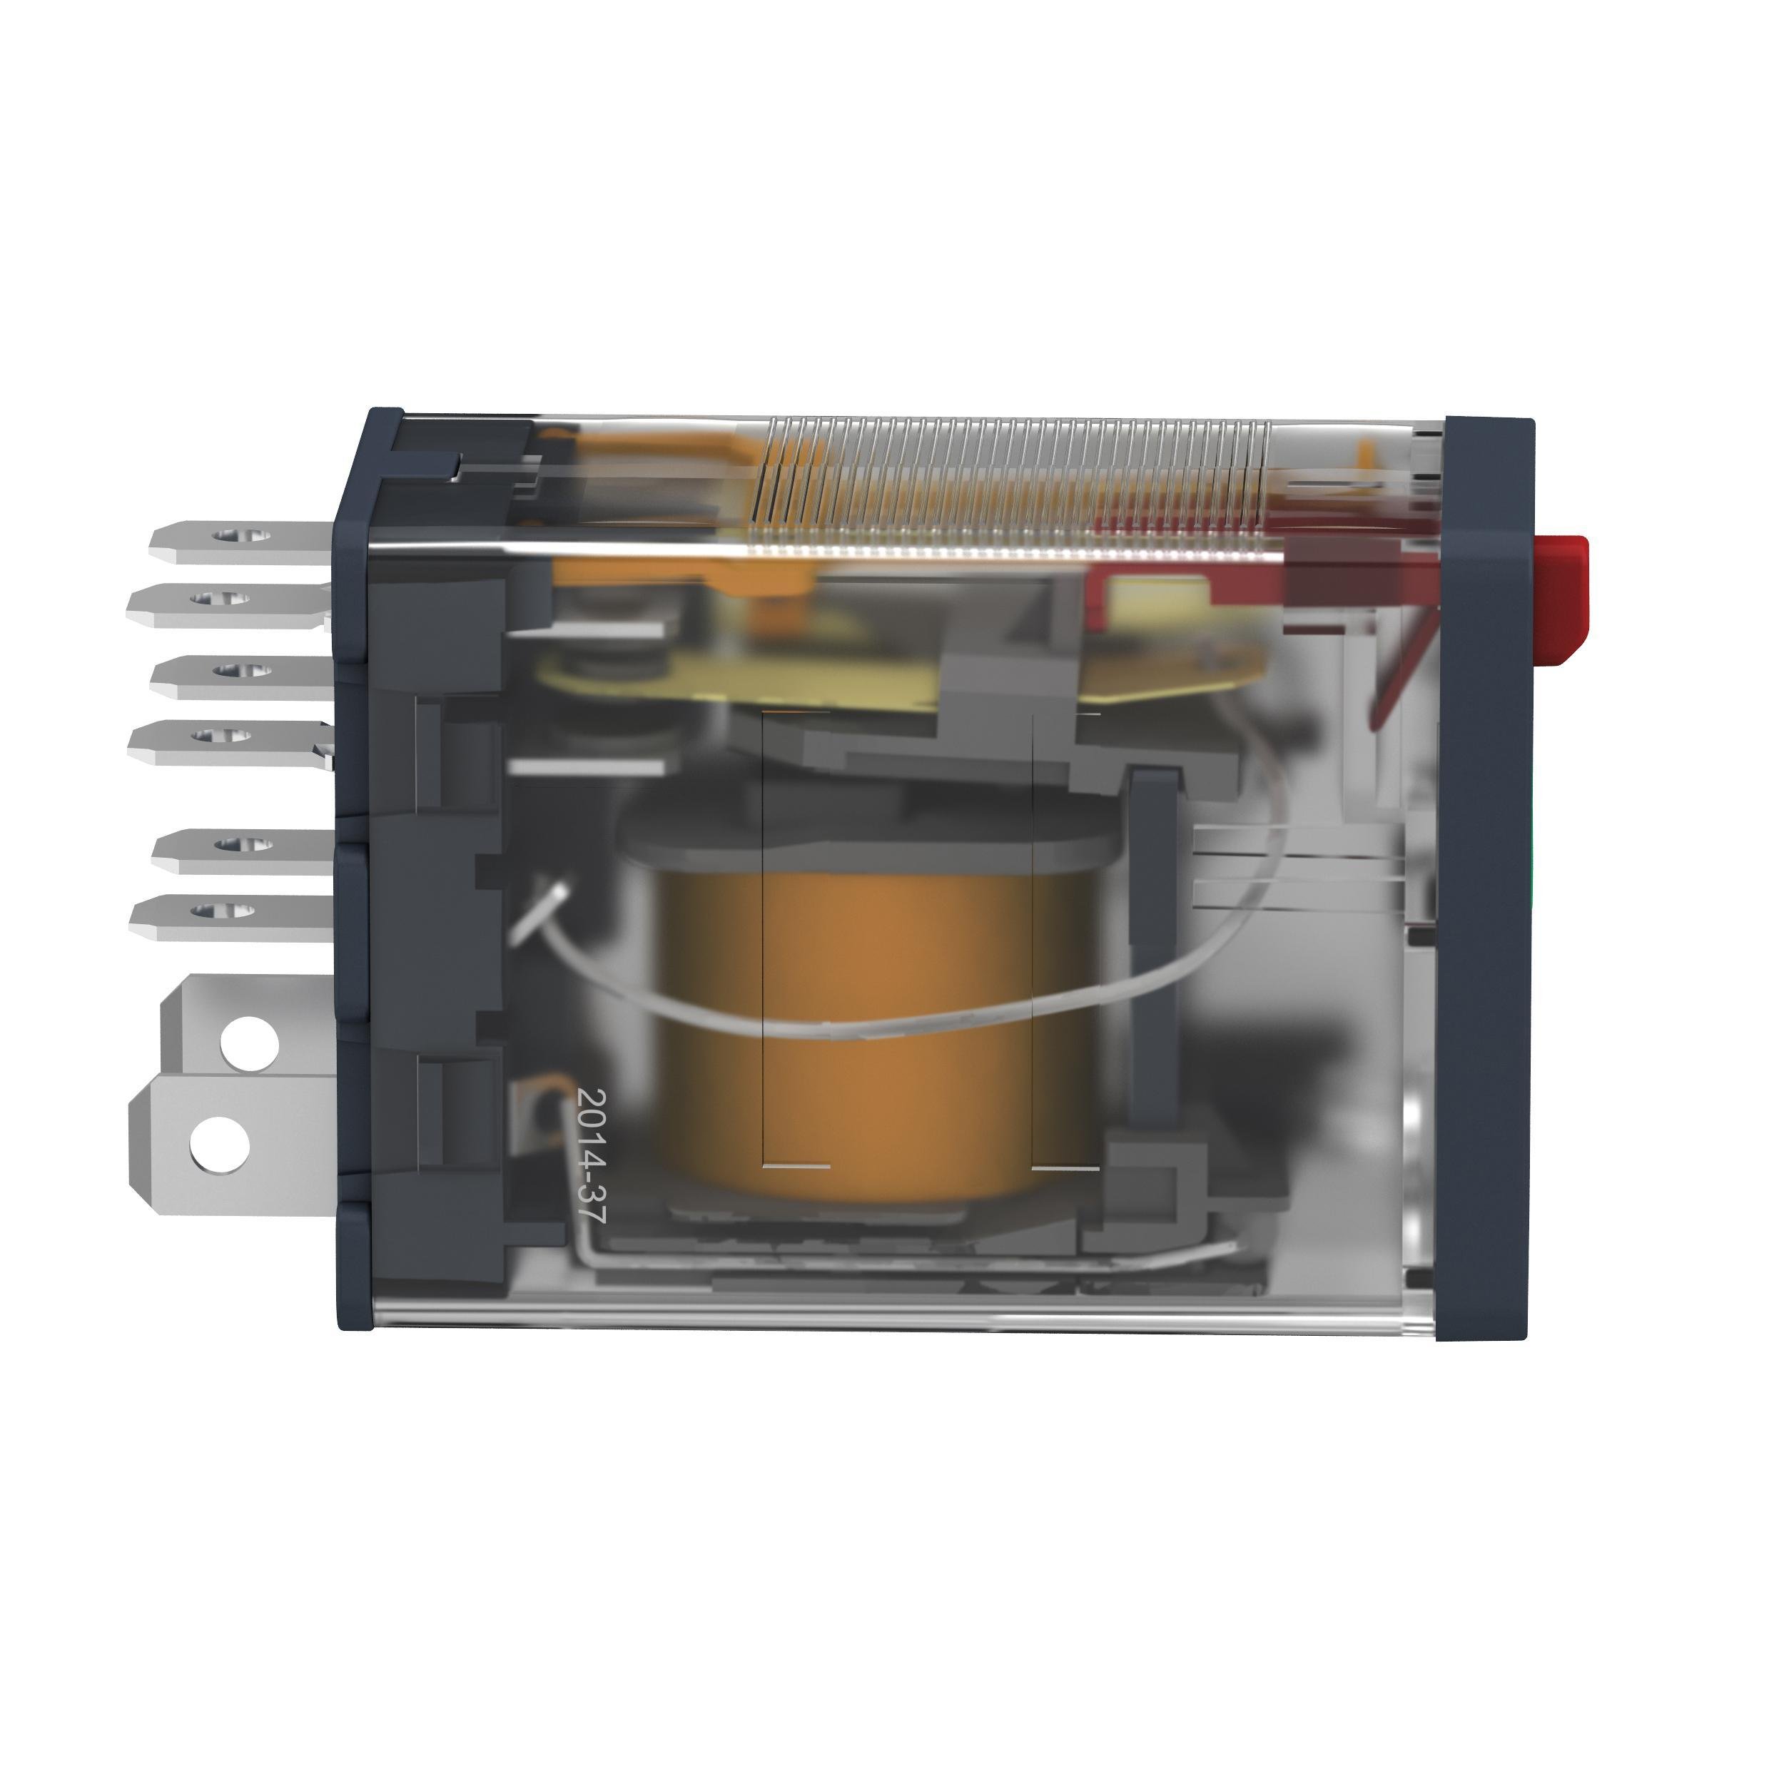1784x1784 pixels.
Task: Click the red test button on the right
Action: [x=1563, y=599]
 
